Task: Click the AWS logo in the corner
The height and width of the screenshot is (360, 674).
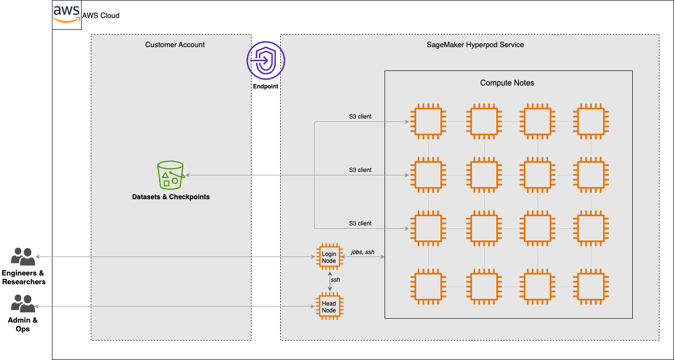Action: (67, 15)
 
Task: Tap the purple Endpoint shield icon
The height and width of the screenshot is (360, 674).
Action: (266, 61)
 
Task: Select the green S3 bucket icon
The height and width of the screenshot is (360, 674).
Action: (170, 175)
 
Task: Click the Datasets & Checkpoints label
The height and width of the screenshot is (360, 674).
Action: (171, 197)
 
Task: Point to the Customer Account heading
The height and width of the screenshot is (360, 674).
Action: (175, 45)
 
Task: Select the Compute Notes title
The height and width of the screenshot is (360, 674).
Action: (507, 83)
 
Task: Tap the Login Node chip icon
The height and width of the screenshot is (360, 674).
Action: (329, 257)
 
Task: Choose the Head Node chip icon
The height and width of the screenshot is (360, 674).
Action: (329, 307)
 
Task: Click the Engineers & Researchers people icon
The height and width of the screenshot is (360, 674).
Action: (23, 257)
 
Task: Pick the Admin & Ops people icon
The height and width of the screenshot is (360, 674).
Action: (23, 303)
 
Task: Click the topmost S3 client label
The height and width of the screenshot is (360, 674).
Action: (360, 117)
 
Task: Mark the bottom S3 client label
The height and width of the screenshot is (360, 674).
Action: (360, 223)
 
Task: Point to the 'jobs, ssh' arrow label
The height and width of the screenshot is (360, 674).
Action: (362, 252)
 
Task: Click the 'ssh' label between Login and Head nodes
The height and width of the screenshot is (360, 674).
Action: (336, 280)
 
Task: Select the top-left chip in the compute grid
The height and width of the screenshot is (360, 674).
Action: (428, 121)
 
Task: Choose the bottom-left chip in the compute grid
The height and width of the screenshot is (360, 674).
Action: (428, 287)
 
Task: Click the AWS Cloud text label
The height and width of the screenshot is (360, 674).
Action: (101, 16)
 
